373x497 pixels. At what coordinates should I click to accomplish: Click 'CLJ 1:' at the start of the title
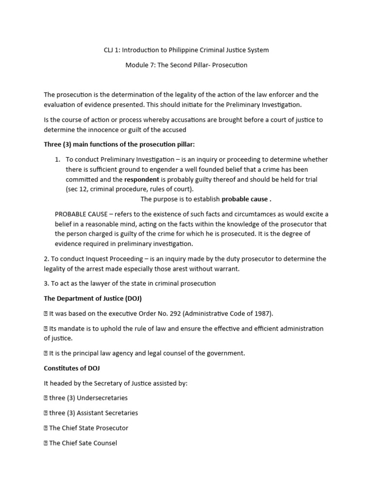tap(113, 50)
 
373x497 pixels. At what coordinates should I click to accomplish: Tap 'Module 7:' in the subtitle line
tap(140, 65)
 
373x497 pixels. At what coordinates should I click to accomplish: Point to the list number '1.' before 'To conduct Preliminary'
tap(57, 160)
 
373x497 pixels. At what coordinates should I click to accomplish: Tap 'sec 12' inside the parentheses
tap(79, 189)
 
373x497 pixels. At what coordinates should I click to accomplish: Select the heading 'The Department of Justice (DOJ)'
tap(93, 298)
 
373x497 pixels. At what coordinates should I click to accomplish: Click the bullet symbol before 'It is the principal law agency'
tap(46, 353)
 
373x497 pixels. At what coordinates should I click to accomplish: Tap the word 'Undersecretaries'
tap(102, 398)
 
